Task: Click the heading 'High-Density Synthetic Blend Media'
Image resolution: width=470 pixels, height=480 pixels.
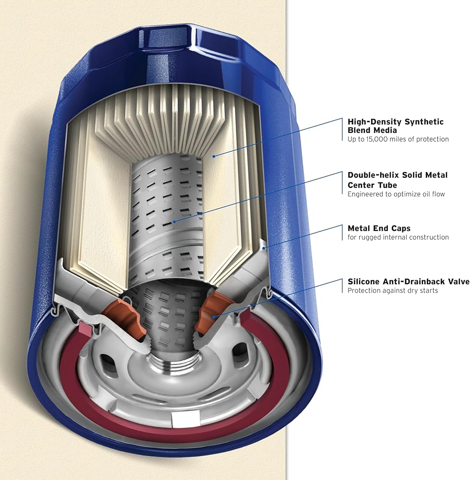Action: [395, 126]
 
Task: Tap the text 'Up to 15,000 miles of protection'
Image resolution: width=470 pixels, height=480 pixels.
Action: [398, 139]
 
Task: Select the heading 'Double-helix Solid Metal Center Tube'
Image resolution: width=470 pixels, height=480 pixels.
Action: [398, 180]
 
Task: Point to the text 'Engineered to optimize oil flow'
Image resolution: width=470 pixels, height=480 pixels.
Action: [396, 194]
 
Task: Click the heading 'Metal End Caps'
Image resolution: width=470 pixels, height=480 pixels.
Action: [379, 228]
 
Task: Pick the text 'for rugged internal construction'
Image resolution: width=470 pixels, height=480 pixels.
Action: [398, 237]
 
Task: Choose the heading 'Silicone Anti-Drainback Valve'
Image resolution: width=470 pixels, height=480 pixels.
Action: [409, 282]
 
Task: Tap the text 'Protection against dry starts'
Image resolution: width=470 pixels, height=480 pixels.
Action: [393, 290]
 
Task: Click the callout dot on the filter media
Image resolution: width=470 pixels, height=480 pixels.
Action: [214, 156]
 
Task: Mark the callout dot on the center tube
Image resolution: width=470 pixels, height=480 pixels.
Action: [174, 221]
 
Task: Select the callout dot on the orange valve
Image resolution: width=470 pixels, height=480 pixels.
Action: [214, 317]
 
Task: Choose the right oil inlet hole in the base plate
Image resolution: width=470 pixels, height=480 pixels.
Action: [239, 351]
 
